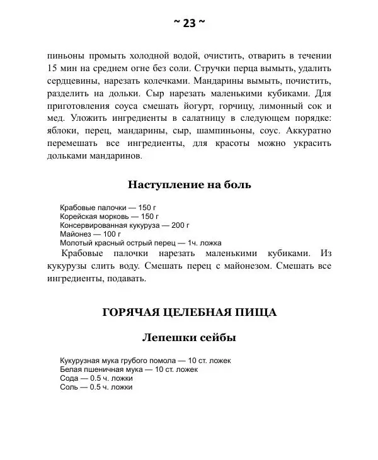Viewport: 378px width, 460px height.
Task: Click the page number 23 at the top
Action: (x=189, y=23)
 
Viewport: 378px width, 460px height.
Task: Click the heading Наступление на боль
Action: (x=189, y=184)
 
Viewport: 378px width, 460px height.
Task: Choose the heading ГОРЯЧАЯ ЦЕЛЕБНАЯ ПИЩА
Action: (x=189, y=312)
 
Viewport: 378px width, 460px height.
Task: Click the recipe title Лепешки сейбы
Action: (x=189, y=338)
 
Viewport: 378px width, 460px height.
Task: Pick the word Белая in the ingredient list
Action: (x=70, y=369)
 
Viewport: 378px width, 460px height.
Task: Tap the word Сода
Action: (x=69, y=378)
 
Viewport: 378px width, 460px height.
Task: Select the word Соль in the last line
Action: (x=69, y=387)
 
